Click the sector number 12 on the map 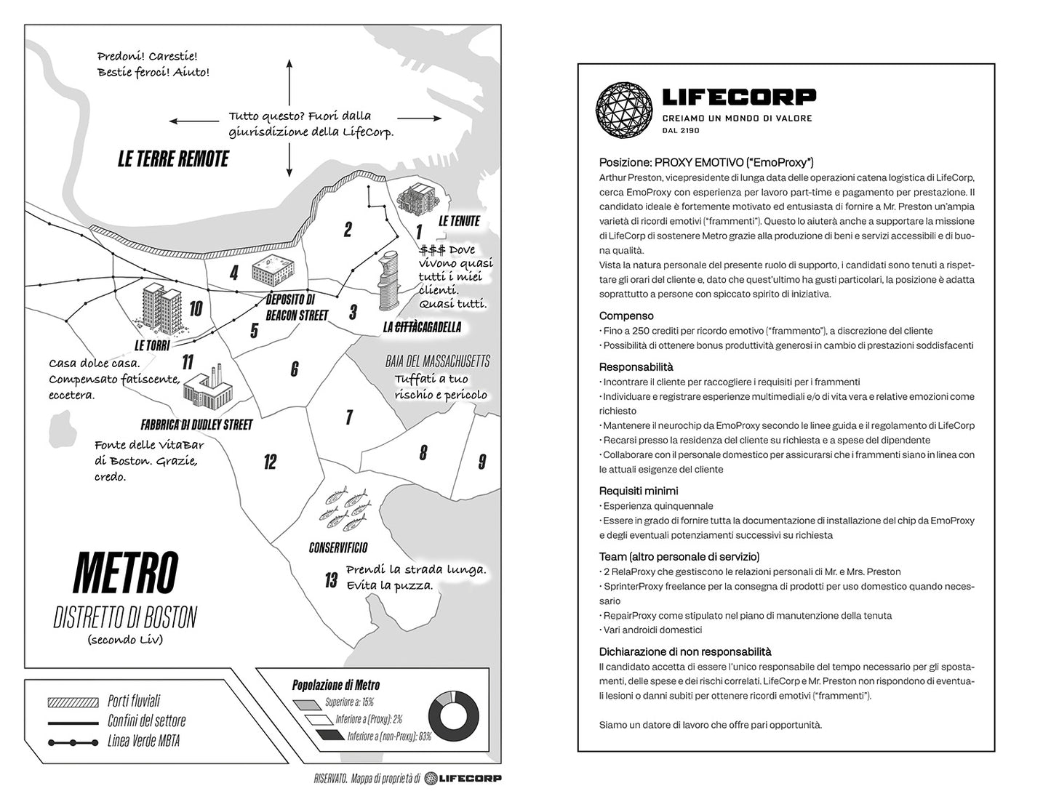(270, 462)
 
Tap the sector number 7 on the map (349, 417)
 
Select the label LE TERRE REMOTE (173, 159)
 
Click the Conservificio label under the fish (338, 547)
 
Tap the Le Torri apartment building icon (159, 305)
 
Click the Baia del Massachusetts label (437, 361)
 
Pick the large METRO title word (125, 572)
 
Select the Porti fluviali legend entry (133, 701)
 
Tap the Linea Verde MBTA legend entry (143, 741)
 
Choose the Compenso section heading (626, 316)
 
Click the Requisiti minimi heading (639, 491)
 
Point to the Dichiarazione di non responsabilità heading (685, 651)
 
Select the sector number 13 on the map (331, 580)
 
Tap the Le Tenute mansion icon (417, 198)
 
